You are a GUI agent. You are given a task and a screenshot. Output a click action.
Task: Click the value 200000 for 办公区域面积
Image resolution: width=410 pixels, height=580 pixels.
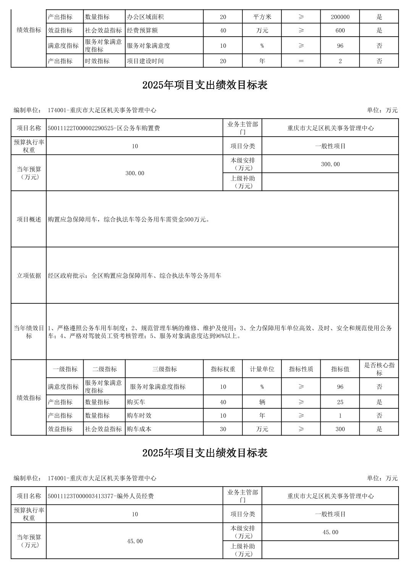340,17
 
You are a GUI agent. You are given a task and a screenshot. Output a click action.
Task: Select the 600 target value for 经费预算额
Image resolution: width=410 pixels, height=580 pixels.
340,31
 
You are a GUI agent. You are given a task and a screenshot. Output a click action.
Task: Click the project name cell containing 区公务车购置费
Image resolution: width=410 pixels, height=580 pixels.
104,128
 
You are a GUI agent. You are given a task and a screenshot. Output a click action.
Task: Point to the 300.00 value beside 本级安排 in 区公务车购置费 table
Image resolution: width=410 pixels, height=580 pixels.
330,164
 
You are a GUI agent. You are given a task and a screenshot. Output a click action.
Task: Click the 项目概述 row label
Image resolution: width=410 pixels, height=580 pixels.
29,219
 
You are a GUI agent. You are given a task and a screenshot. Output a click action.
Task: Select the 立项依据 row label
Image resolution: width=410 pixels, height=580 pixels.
29,275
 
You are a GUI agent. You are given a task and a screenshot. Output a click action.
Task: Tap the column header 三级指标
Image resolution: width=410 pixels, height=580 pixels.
164,369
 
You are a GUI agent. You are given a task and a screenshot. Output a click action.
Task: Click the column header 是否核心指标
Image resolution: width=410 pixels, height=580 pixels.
379,369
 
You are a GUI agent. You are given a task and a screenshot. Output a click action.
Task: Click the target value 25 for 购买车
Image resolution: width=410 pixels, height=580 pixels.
340,402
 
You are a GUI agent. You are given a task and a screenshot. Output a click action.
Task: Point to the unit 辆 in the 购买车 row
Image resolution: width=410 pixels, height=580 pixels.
262,402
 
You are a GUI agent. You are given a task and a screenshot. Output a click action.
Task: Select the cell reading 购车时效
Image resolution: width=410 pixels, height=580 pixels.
139,416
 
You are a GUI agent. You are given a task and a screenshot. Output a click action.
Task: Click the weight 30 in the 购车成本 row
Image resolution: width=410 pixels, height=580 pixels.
223,429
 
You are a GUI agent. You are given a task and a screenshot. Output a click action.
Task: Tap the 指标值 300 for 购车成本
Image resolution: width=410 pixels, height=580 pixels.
340,429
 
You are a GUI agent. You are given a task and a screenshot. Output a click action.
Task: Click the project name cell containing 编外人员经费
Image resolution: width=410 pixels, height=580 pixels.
101,496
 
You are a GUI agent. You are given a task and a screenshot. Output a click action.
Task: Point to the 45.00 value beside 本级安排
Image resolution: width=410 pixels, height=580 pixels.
330,532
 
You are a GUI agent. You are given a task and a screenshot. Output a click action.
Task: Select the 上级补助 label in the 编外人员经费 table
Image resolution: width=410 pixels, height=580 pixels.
242,550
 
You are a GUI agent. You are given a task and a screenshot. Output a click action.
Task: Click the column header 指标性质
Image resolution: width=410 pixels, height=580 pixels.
301,369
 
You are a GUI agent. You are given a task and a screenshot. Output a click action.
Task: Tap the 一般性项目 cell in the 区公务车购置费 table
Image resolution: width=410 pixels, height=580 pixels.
330,146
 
